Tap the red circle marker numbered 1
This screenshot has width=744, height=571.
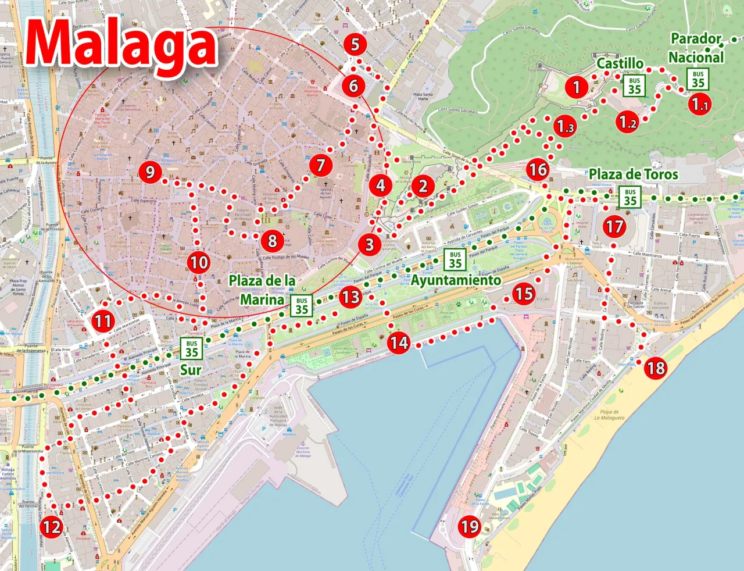tap(576, 87)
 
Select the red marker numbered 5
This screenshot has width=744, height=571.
tap(355, 44)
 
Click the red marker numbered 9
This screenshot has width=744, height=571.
tap(151, 172)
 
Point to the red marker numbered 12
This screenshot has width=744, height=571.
tap(52, 527)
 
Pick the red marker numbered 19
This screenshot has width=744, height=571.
tap(470, 527)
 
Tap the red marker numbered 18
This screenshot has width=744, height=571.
tap(656, 368)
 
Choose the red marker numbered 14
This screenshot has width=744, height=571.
tap(399, 343)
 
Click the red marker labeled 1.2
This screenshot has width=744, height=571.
tap(627, 122)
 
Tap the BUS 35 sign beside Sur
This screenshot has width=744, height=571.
tap(192, 348)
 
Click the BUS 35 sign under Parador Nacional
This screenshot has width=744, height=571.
tap(697, 78)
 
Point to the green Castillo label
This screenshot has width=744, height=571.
tap(620, 63)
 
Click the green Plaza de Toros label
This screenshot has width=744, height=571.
tap(633, 174)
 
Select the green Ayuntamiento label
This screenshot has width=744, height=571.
tap(456, 280)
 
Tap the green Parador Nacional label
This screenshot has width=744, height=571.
tap(696, 48)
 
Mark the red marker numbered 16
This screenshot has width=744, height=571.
tap(538, 169)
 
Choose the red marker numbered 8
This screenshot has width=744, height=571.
tap(272, 240)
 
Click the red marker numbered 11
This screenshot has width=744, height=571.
tap(103, 321)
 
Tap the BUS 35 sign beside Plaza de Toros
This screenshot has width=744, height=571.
tap(631, 197)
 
